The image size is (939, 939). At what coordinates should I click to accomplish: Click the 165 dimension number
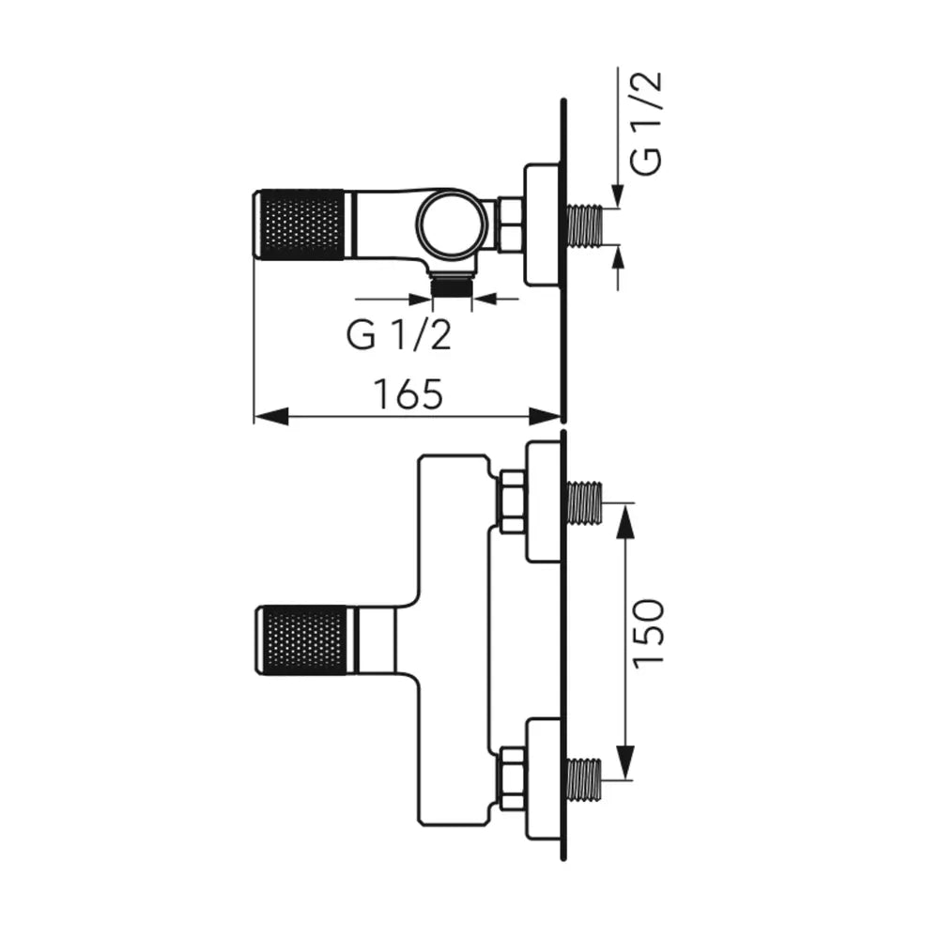(x=408, y=394)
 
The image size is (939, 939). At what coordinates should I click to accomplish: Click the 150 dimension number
(x=649, y=631)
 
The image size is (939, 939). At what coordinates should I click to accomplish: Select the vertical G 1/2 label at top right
(x=647, y=123)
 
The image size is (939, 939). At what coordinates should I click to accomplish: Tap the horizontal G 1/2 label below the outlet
(x=398, y=335)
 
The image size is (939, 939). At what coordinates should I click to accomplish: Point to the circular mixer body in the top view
(x=449, y=225)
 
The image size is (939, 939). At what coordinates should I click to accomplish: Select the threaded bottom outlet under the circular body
(x=452, y=285)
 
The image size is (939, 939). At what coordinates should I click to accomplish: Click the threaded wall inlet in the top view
(x=585, y=225)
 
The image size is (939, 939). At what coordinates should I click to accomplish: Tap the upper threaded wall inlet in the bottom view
(x=584, y=501)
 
